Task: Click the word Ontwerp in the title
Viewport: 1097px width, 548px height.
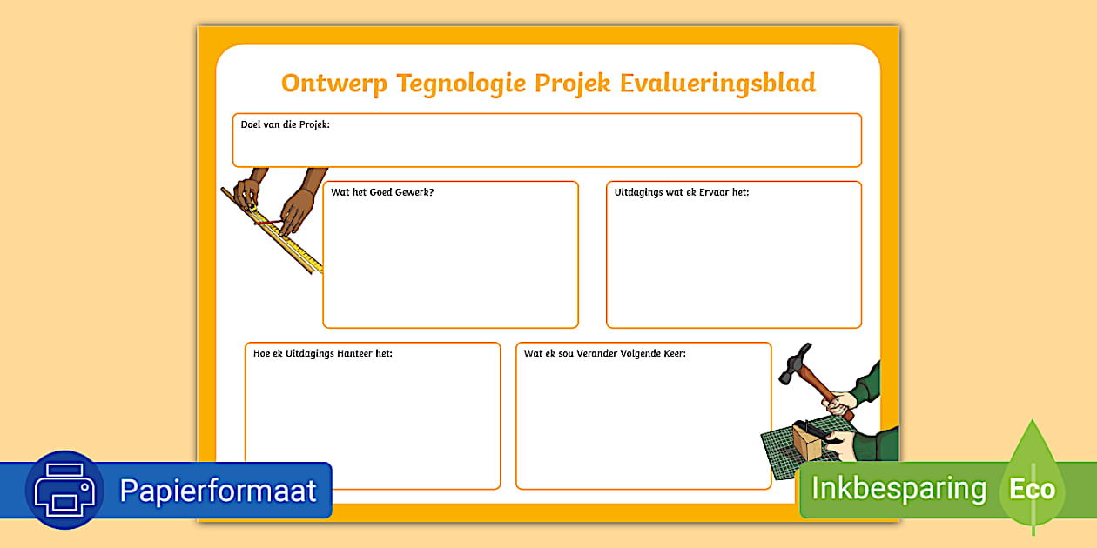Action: pyautogui.click(x=334, y=84)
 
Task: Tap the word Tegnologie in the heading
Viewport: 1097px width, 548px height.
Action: pyautogui.click(x=461, y=84)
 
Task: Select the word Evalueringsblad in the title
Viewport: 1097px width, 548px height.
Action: pyautogui.click(x=717, y=83)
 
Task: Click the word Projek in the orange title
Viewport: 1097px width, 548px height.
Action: pyautogui.click(x=573, y=84)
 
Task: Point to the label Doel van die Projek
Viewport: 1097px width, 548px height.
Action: pyautogui.click(x=285, y=124)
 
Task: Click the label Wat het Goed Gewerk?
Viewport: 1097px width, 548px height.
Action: pyautogui.click(x=382, y=192)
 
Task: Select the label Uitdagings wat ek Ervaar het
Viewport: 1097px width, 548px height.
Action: pyautogui.click(x=681, y=192)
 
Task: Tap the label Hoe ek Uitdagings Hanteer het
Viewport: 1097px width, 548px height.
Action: pyautogui.click(x=323, y=353)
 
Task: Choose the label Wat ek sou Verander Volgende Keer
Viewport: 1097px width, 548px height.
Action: pyautogui.click(x=605, y=353)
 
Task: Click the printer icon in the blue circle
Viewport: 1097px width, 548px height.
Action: pyautogui.click(x=64, y=490)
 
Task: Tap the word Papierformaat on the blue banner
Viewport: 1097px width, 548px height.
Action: pyautogui.click(x=218, y=491)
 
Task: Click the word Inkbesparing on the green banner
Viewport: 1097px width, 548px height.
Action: pyautogui.click(x=898, y=488)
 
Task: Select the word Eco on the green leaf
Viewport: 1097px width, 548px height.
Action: pyautogui.click(x=1032, y=489)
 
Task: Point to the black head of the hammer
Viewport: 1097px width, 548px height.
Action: pyautogui.click(x=795, y=363)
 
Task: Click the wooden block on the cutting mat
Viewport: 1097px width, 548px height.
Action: pyautogui.click(x=808, y=442)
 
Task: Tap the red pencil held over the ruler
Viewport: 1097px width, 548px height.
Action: pyautogui.click(x=269, y=222)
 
